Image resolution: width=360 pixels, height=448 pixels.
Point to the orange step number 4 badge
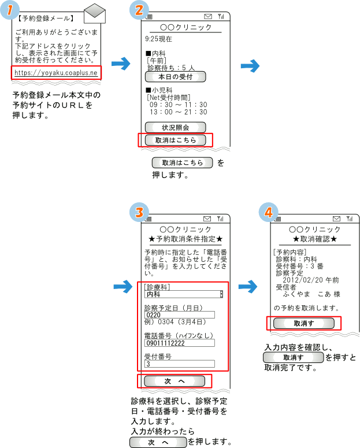(x=267, y=212)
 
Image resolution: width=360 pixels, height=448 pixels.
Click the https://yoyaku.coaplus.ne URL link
(x=56, y=73)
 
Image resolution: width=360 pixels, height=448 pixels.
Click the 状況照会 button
(x=175, y=127)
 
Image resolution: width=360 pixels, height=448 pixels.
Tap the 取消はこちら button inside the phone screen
(x=175, y=140)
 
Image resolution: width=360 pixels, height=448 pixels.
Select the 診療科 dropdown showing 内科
(x=183, y=294)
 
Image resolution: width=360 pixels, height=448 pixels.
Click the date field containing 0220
(x=179, y=315)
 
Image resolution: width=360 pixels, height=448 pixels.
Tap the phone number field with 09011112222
(x=179, y=343)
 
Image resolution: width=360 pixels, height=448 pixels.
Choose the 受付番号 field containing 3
(x=179, y=364)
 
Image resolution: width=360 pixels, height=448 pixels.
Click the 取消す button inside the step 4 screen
(x=303, y=324)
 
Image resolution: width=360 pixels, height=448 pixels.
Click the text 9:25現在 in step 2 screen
(x=159, y=40)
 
